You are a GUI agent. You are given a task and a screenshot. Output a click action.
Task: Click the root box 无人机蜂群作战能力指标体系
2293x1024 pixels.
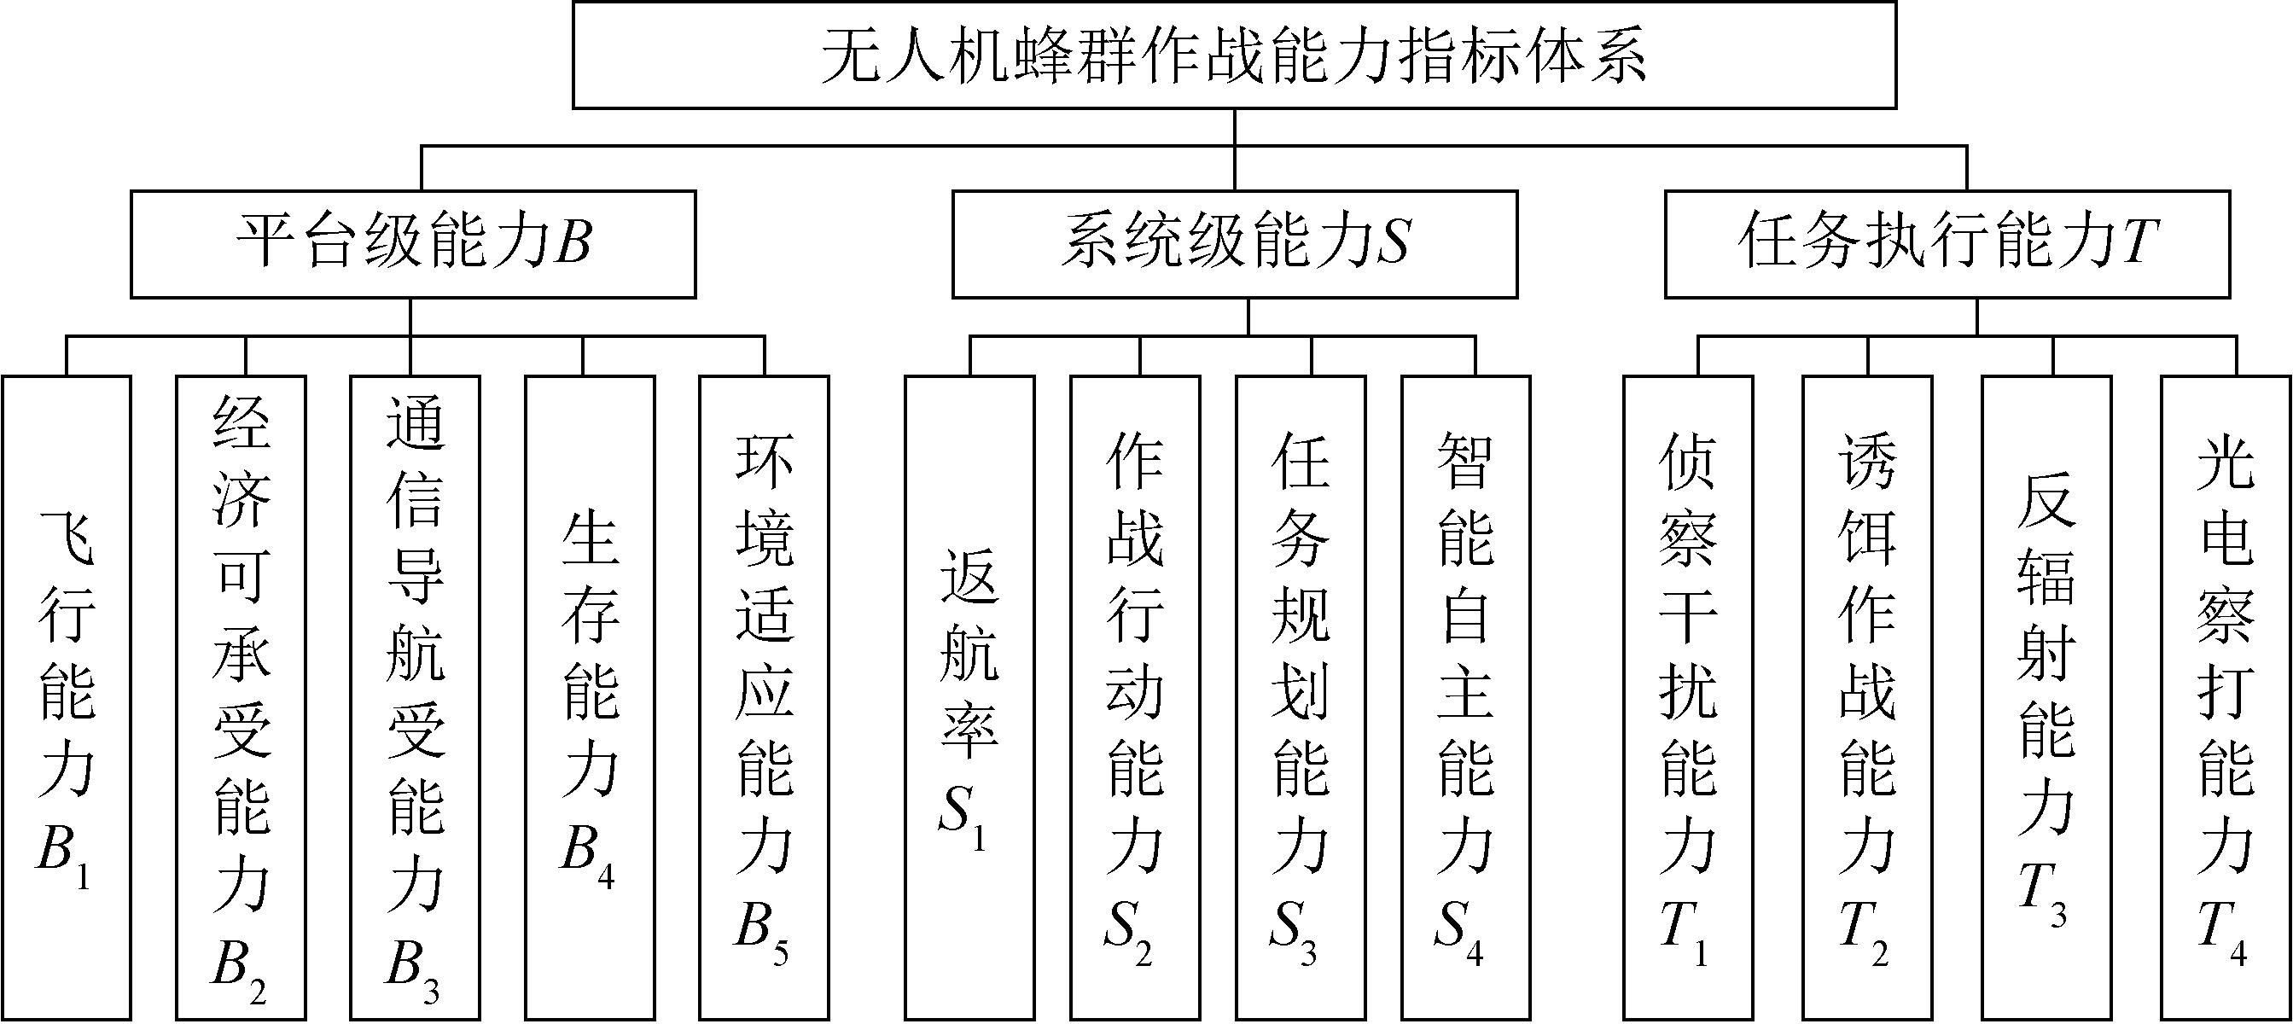(x=1234, y=55)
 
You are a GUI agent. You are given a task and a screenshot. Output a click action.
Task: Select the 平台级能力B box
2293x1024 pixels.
(x=413, y=243)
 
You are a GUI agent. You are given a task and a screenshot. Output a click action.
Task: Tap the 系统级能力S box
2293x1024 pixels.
(x=1235, y=243)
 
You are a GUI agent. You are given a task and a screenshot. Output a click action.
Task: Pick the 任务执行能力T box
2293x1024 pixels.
(x=1947, y=243)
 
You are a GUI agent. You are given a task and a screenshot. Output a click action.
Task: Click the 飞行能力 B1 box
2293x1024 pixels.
(x=67, y=697)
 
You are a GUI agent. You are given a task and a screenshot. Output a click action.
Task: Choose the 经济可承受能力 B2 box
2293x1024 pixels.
(x=242, y=697)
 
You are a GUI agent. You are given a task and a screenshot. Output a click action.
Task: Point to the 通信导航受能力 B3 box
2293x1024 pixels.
(x=415, y=697)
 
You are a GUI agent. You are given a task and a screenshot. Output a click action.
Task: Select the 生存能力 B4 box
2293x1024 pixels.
(x=591, y=697)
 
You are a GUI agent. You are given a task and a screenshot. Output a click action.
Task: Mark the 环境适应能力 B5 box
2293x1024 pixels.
(x=764, y=697)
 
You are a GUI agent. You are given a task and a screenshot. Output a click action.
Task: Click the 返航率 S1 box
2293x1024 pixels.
(x=969, y=697)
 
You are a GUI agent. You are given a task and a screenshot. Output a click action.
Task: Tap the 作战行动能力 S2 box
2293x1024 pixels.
(x=1135, y=697)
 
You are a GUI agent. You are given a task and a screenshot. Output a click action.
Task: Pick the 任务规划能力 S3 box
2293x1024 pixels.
(x=1301, y=697)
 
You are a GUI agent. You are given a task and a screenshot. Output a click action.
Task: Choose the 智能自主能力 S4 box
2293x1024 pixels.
(x=1466, y=697)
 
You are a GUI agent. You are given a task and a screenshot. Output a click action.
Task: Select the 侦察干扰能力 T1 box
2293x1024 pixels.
(x=1689, y=697)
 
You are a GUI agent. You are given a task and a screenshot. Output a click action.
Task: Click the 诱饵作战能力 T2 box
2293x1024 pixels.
(x=1867, y=697)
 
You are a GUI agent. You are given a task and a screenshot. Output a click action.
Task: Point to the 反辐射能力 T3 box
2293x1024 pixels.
(x=2046, y=697)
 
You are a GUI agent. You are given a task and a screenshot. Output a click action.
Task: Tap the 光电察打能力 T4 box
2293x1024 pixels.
(x=2226, y=697)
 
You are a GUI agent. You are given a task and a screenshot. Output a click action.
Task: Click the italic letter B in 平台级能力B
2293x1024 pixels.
(x=573, y=242)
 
